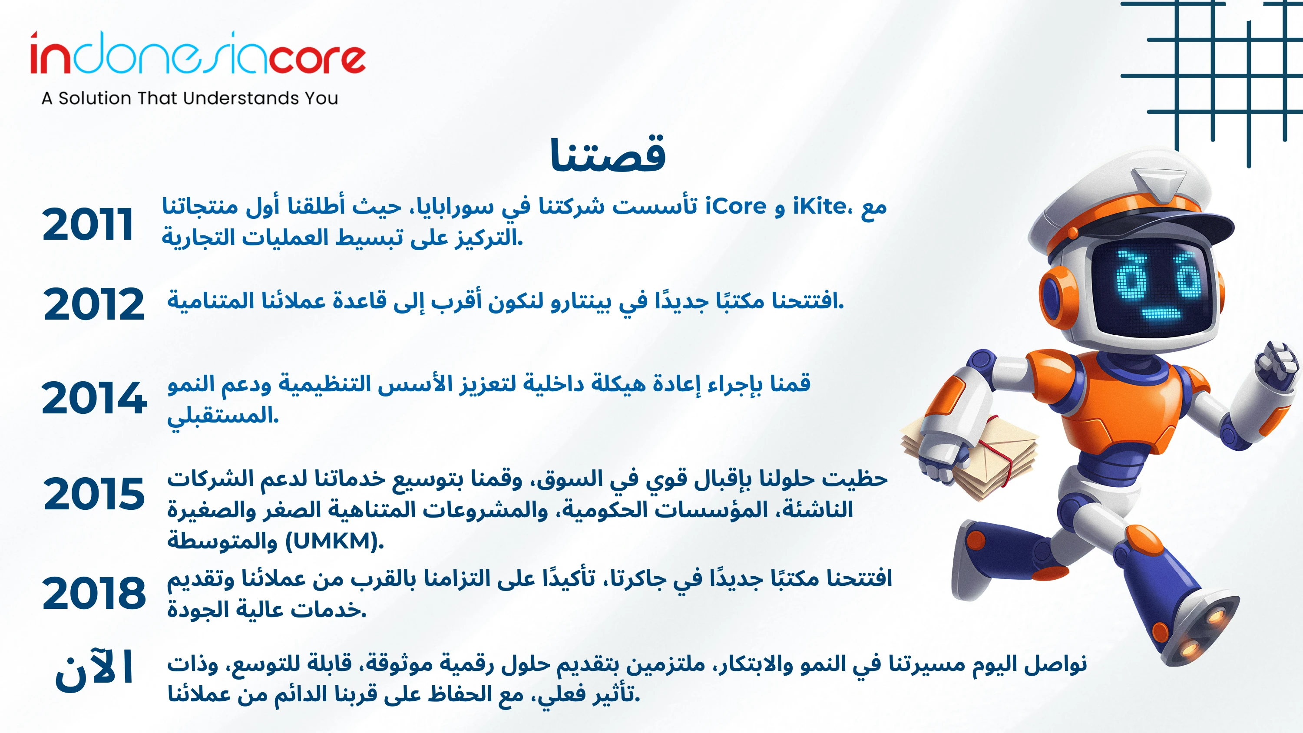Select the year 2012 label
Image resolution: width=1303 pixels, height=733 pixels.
[94, 304]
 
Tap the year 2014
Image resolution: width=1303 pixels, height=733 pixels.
[94, 398]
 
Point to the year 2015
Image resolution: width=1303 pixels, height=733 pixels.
[94, 494]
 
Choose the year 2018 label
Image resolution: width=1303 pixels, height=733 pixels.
[94, 592]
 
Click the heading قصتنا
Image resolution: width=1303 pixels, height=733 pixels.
[608, 154]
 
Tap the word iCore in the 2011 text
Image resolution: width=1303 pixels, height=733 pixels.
[736, 206]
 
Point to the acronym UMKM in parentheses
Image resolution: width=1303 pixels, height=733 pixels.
[333, 541]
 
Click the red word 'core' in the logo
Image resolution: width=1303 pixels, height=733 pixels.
[317, 59]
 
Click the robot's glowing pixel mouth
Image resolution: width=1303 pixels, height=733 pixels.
[1161, 314]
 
